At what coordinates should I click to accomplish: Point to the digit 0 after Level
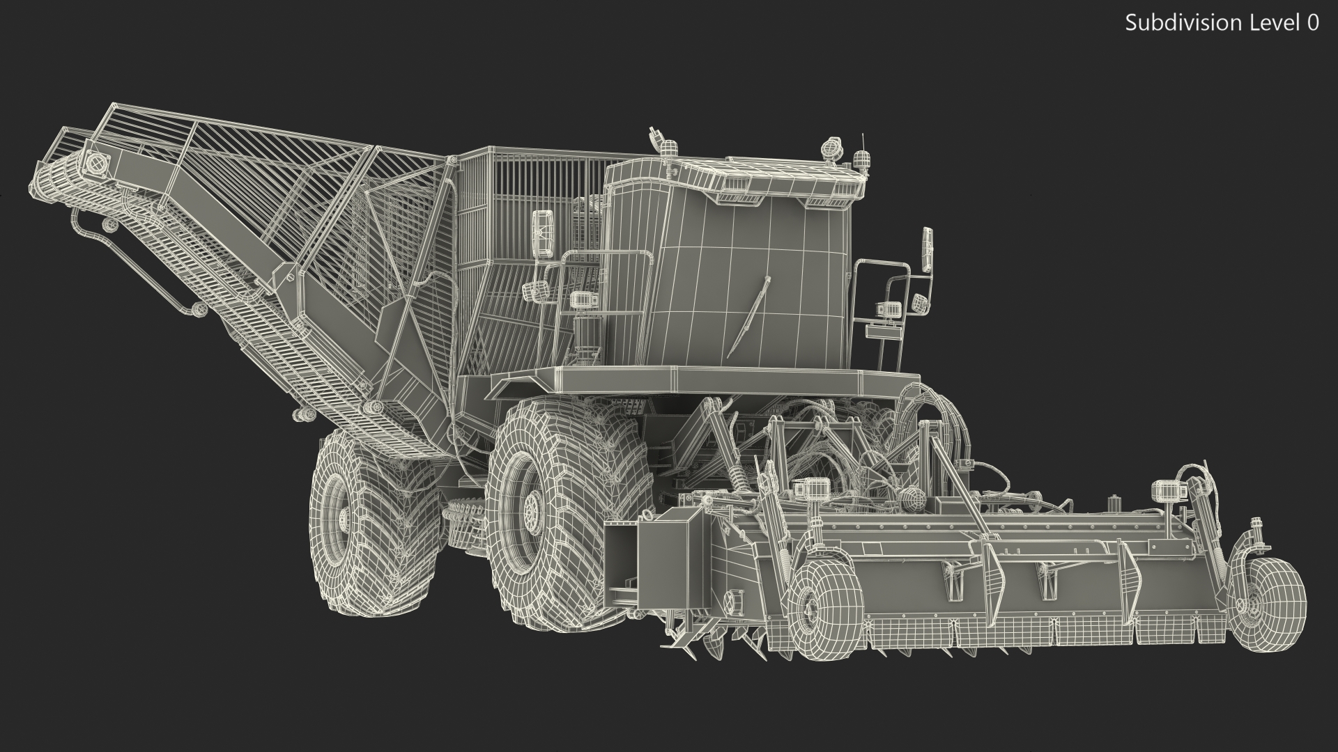[x=1312, y=23]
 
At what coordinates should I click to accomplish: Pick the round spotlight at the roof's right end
[x=830, y=148]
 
